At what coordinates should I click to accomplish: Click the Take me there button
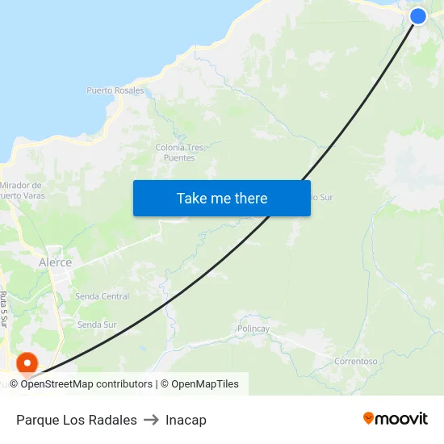pyautogui.click(x=222, y=199)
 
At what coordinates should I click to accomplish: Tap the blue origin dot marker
pyautogui.click(x=418, y=16)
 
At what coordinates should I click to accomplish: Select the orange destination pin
pyautogui.click(x=27, y=364)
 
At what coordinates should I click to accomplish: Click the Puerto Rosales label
pyautogui.click(x=115, y=90)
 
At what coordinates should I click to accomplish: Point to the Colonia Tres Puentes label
pyautogui.click(x=179, y=153)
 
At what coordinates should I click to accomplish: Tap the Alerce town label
pyautogui.click(x=55, y=262)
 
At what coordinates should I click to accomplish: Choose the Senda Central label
pyautogui.click(x=102, y=296)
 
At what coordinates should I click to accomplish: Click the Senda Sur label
pyautogui.click(x=97, y=325)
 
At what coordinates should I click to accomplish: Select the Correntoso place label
pyautogui.click(x=356, y=361)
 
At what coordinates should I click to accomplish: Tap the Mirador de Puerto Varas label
pyautogui.click(x=21, y=190)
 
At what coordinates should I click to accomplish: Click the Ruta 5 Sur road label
pyautogui.click(x=5, y=308)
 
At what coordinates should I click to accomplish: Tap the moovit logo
pyautogui.click(x=396, y=419)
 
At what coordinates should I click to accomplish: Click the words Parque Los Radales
pyautogui.click(x=77, y=420)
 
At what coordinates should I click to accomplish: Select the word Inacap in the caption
pyautogui.click(x=186, y=420)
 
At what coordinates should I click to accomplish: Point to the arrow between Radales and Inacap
pyautogui.click(x=151, y=420)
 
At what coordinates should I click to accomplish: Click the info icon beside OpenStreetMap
pyautogui.click(x=14, y=384)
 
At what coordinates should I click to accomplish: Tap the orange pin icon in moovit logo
pyautogui.click(x=369, y=418)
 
